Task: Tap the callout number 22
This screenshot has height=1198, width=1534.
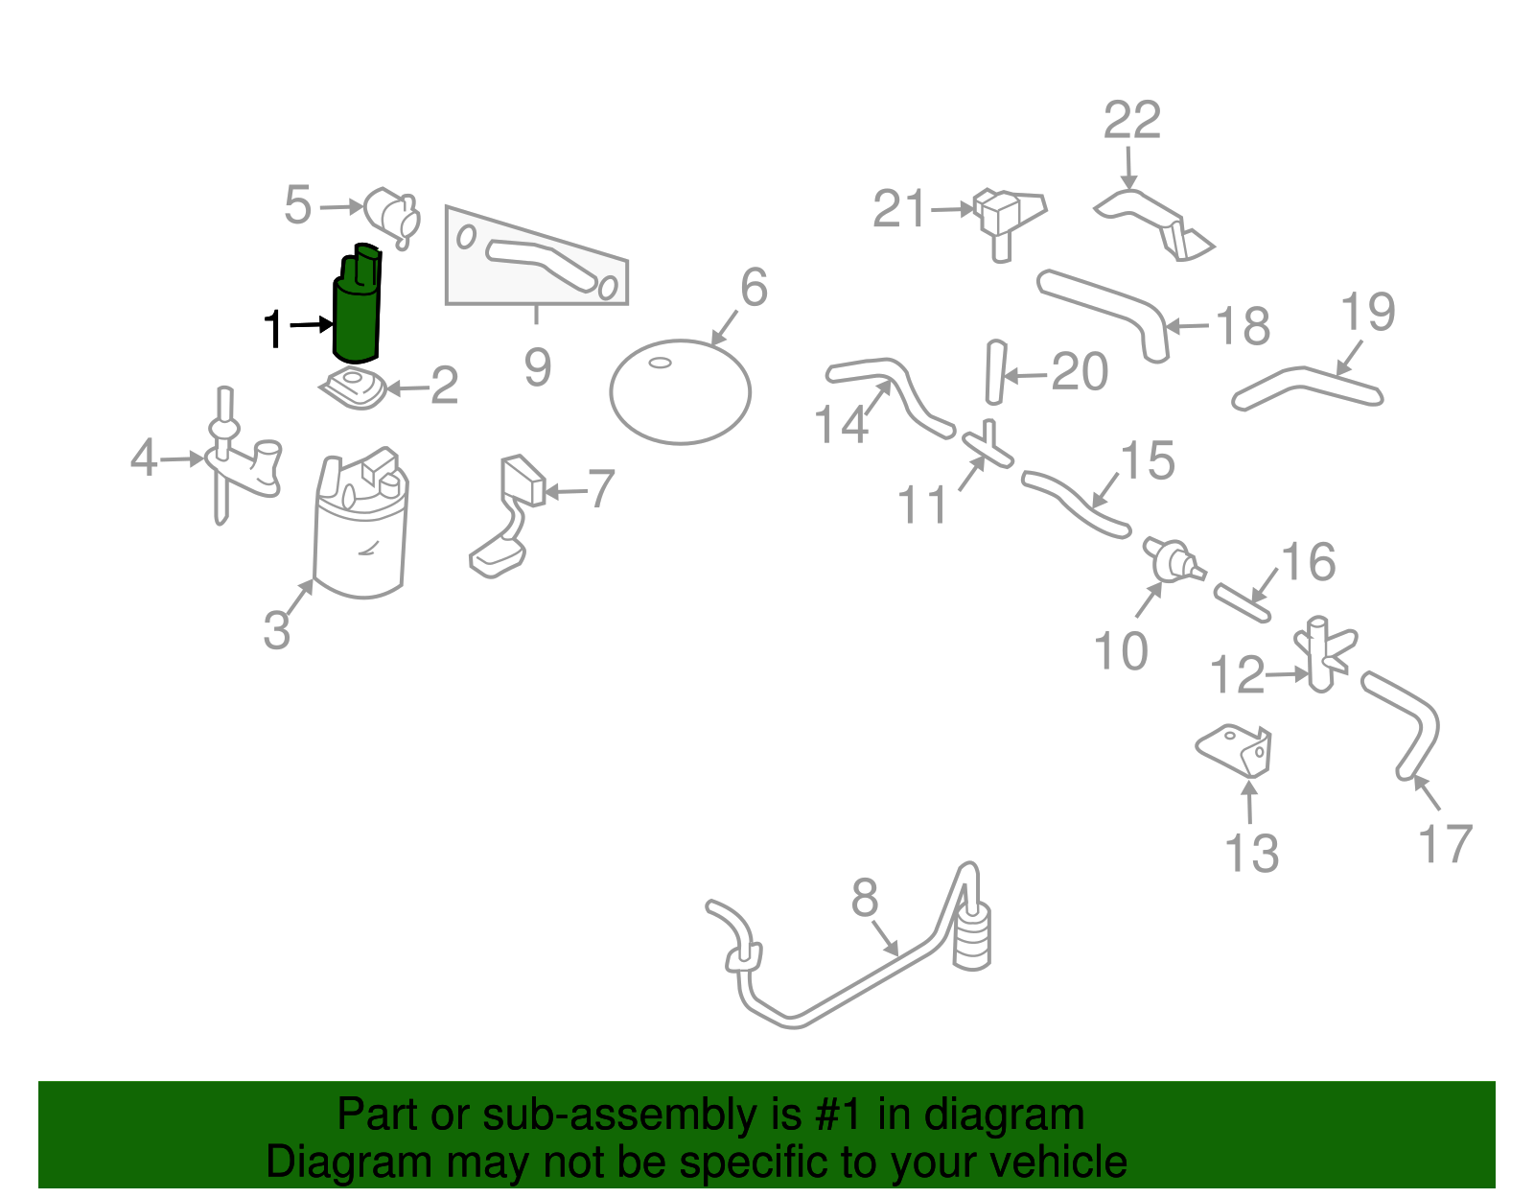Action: click(x=1131, y=121)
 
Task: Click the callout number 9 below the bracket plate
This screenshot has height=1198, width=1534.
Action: click(x=537, y=367)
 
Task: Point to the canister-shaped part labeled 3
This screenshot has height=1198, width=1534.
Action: click(x=360, y=537)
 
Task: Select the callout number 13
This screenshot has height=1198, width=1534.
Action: click(x=1251, y=854)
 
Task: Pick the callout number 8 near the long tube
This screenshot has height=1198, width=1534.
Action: click(x=864, y=899)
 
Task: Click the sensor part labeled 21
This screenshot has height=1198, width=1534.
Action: click(x=1002, y=216)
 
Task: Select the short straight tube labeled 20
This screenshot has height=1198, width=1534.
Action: click(x=994, y=372)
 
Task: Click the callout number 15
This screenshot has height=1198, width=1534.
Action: click(x=1147, y=461)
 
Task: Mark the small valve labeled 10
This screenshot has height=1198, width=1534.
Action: click(x=1171, y=560)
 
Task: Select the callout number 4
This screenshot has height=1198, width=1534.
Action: click(x=144, y=458)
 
